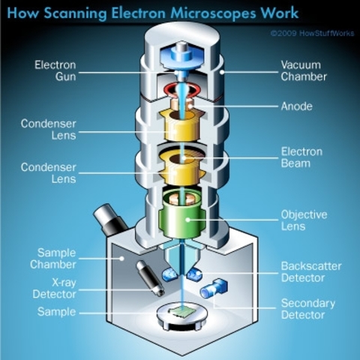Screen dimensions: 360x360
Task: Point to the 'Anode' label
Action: (x=297, y=106)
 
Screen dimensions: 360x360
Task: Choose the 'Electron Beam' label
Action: (x=301, y=158)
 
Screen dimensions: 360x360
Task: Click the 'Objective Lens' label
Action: (x=304, y=221)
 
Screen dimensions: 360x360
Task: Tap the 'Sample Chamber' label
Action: (x=55, y=259)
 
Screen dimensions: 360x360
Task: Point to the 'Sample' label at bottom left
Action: (x=56, y=311)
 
